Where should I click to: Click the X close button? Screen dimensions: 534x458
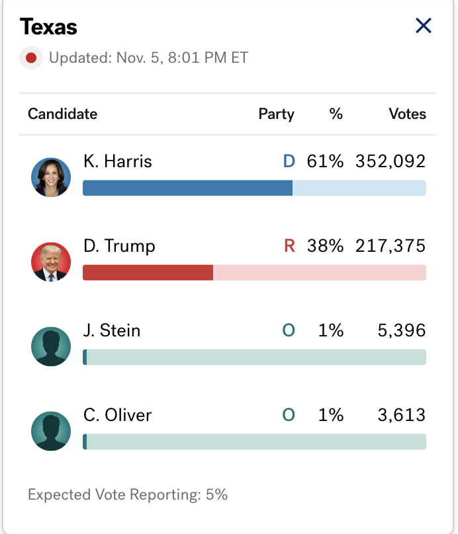(423, 26)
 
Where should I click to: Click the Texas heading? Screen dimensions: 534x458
(48, 27)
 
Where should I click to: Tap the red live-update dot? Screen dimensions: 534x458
(30, 58)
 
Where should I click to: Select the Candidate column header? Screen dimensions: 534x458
(62, 114)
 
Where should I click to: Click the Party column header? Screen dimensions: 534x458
(276, 114)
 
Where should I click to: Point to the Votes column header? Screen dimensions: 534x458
(407, 114)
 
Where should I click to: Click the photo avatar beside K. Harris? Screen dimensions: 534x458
(51, 177)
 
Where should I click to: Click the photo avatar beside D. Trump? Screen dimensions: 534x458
(51, 262)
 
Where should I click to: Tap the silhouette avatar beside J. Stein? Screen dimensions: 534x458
(51, 346)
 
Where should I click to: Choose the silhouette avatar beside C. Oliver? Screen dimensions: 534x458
(51, 431)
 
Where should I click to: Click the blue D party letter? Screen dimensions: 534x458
(289, 161)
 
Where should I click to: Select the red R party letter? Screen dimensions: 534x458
(289, 246)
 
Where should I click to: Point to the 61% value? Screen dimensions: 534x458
(325, 161)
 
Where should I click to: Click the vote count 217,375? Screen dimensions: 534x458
(390, 246)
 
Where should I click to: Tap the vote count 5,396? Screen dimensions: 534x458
(402, 330)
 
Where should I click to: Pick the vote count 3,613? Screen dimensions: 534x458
(402, 415)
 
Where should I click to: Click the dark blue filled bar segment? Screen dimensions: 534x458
(187, 188)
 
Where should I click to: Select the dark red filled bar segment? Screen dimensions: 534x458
(148, 272)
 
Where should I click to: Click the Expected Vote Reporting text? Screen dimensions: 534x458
(128, 494)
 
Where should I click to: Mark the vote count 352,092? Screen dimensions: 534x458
(390, 161)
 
